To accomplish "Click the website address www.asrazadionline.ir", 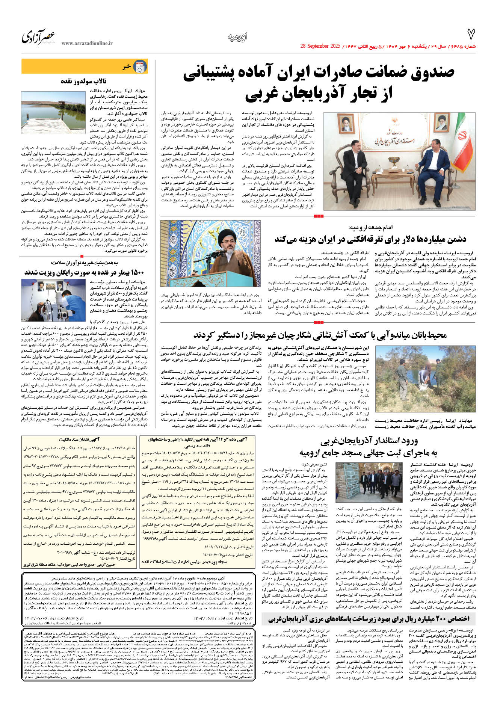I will pos(87,44).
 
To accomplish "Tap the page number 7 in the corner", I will pos(471,35).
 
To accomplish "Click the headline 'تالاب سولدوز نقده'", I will pos(84,81).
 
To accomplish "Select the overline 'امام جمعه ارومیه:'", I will pos(370,228).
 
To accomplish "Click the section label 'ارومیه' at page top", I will pos(237,37).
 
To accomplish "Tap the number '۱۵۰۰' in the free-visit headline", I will pos(136,272).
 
